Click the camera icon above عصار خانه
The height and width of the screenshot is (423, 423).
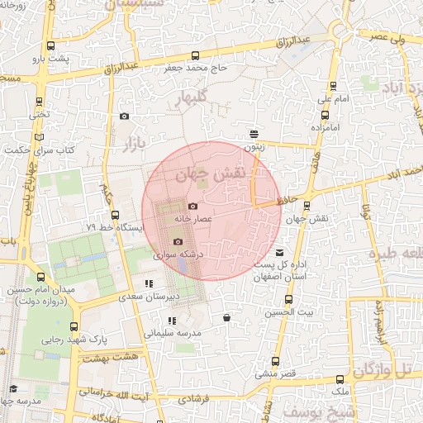pyautogui.click(x=192, y=206)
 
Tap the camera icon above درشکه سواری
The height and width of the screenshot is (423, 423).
pyautogui.click(x=177, y=241)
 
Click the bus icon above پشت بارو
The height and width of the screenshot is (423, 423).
pyautogui.click(x=52, y=46)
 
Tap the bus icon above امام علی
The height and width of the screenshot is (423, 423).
pyautogui.click(x=334, y=86)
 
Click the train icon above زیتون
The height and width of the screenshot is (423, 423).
pyautogui.click(x=254, y=132)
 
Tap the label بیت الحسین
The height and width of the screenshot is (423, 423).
pyautogui.click(x=295, y=311)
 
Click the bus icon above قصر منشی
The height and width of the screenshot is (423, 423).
pyautogui.click(x=275, y=361)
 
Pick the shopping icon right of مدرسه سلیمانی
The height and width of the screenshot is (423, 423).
pyautogui.click(x=226, y=317)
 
